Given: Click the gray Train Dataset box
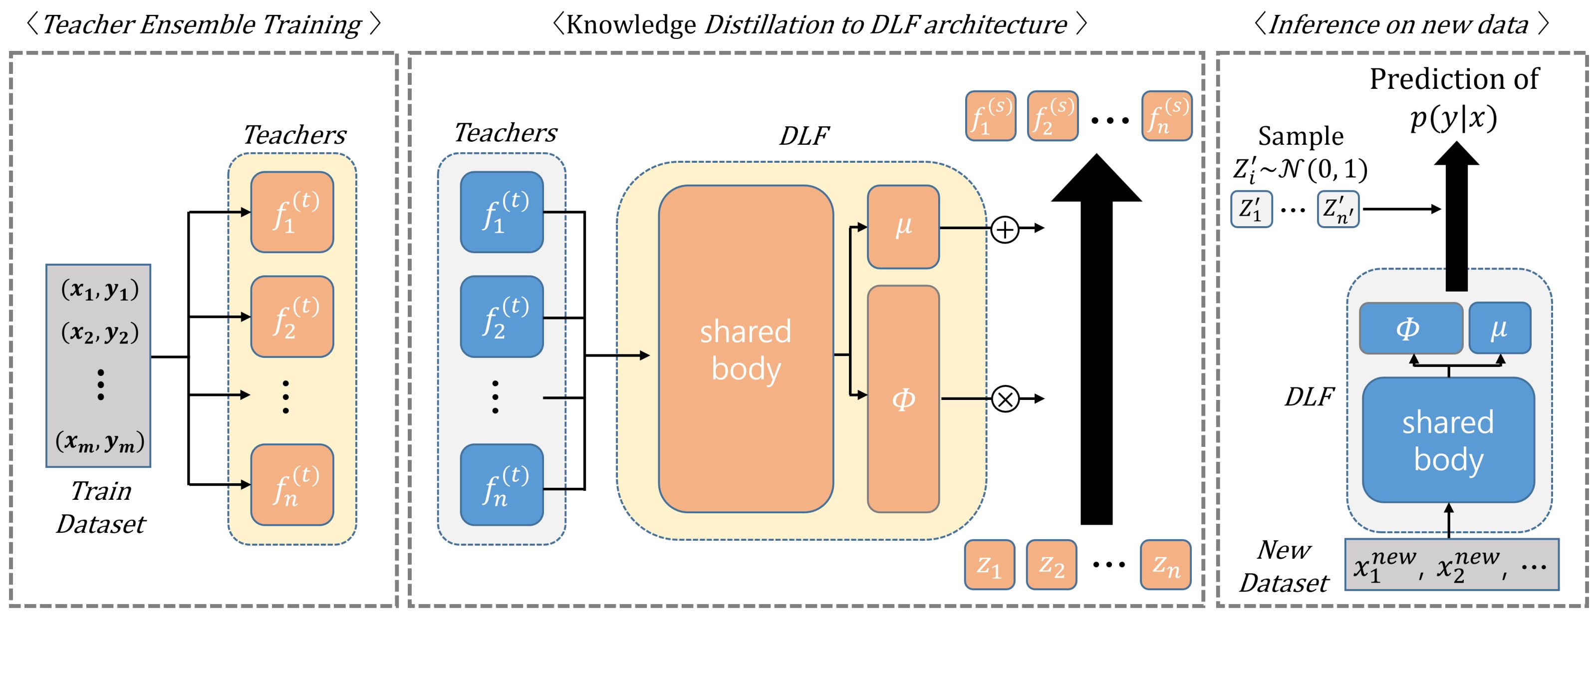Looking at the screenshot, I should (x=98, y=365).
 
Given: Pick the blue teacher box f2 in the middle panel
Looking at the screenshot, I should (x=502, y=317).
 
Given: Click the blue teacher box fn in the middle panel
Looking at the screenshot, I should (x=502, y=484).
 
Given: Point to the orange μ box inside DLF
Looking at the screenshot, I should (x=903, y=227).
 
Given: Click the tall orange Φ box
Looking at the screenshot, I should (x=903, y=399).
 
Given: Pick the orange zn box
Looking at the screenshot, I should (x=1165, y=564).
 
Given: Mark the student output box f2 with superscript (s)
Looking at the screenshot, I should (x=1053, y=116).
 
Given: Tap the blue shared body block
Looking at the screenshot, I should (x=1448, y=440).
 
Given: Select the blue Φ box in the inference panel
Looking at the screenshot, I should (x=1410, y=328).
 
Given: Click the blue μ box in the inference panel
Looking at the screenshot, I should (x=1500, y=328).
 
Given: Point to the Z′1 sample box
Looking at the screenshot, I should (x=1251, y=209).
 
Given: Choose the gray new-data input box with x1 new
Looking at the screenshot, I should (x=1451, y=565).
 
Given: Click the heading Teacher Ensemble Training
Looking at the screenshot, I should (x=203, y=25).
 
